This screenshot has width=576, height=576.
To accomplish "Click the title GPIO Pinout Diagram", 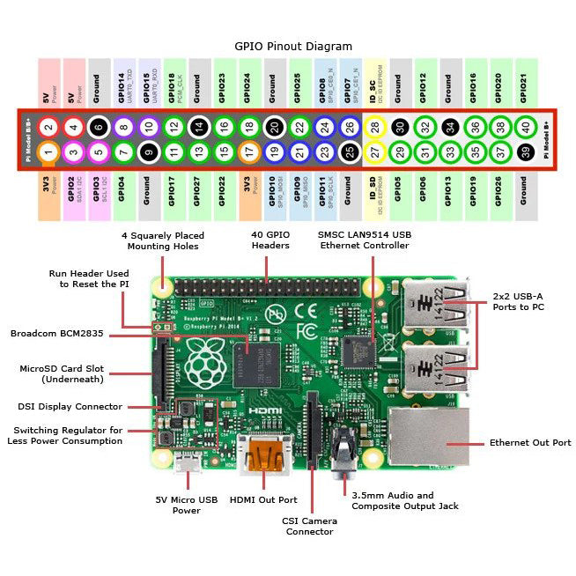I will [293, 46].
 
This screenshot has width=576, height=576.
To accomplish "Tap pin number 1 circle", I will [49, 152].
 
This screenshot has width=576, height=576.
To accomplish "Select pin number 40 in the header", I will [527, 127].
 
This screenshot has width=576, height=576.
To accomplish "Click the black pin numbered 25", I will [350, 152].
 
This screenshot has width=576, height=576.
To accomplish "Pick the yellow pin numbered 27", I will [375, 152].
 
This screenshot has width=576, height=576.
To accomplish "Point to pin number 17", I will [249, 152].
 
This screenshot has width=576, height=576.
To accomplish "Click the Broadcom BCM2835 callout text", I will [64, 334].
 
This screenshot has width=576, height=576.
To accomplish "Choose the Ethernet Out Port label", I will [529, 443].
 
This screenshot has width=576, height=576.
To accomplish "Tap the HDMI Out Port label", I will [263, 500].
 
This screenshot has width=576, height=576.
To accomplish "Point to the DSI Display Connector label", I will [70, 406].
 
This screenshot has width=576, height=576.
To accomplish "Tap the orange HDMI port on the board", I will [264, 454].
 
